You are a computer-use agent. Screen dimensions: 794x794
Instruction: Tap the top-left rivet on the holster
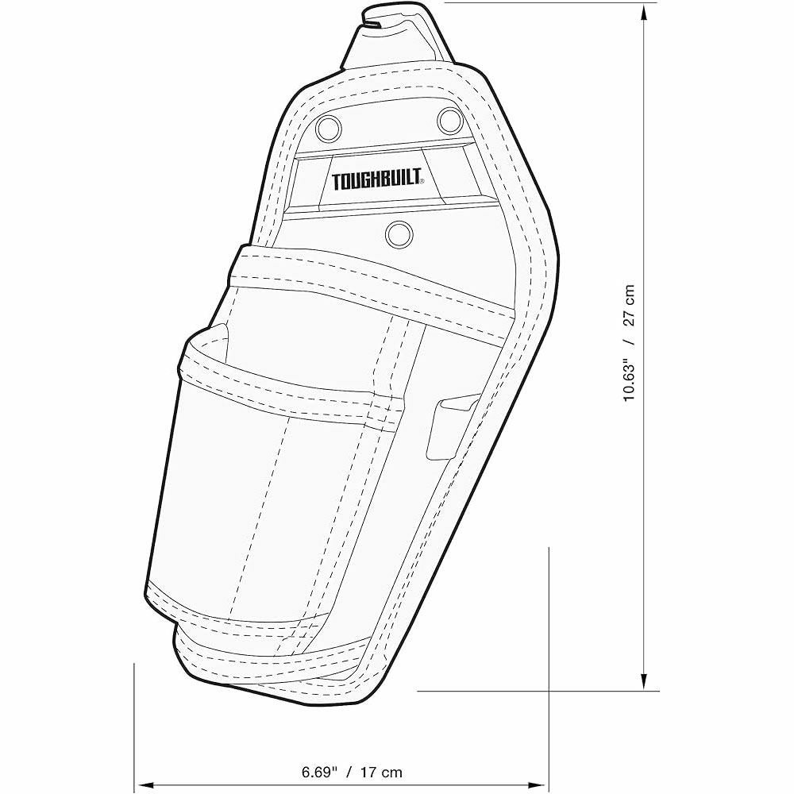click(328, 127)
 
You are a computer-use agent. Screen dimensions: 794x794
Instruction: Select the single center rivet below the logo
click(399, 234)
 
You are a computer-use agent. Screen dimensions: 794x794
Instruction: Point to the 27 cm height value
click(629, 304)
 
